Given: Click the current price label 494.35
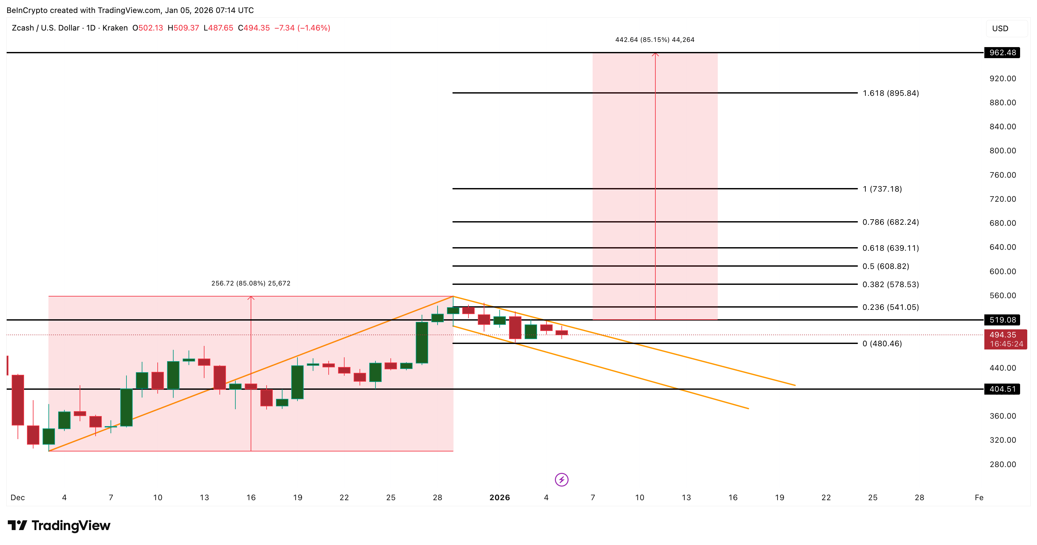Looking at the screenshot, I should (1003, 335).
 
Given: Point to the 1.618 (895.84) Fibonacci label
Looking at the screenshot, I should (890, 93).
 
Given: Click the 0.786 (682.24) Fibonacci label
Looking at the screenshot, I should (890, 222).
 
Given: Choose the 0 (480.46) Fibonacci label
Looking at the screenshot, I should (882, 344).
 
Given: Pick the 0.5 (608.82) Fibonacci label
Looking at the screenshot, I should (885, 266).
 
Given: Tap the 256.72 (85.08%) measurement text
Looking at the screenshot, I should (250, 283).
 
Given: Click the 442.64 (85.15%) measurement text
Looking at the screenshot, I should (655, 39).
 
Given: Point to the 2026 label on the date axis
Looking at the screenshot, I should (499, 498).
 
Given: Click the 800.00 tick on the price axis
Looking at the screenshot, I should (1003, 150).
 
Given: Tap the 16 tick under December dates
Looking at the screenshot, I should (251, 498).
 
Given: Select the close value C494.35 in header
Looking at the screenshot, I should (254, 28).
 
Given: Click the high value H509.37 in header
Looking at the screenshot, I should (183, 28).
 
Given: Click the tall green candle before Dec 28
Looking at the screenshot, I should (422, 342).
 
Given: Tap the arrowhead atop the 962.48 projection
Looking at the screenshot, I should (655, 54).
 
